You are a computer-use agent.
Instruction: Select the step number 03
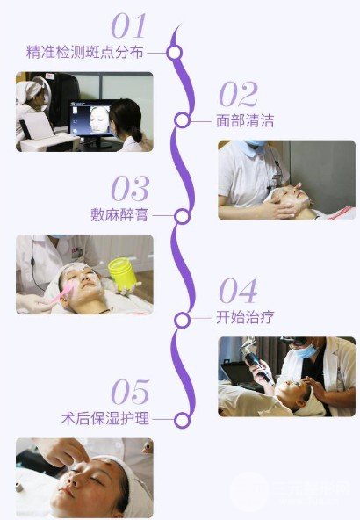[130, 188]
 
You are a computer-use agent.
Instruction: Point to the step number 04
[238, 291]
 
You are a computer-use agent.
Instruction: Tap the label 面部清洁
[245, 121]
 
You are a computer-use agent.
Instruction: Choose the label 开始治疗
[245, 317]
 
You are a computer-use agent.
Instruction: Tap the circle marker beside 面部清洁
[182, 120]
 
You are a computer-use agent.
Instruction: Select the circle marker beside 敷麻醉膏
[183, 215]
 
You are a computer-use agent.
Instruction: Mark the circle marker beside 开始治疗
[182, 317]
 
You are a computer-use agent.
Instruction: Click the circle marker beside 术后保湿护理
[182, 420]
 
